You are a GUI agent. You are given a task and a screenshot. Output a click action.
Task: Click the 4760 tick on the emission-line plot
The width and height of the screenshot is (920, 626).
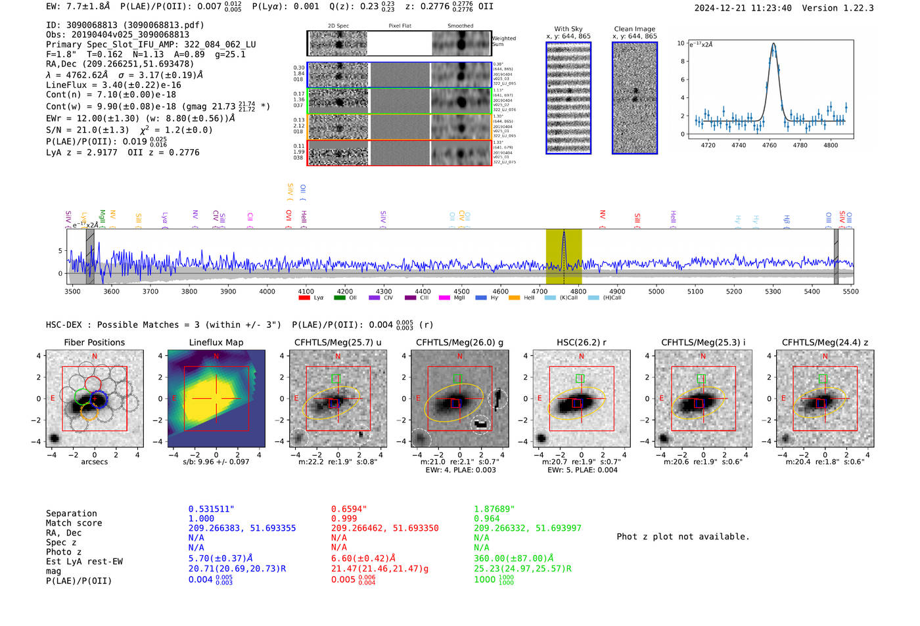click(769, 145)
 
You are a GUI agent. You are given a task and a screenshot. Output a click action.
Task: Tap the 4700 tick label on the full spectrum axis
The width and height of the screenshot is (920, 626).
click(539, 292)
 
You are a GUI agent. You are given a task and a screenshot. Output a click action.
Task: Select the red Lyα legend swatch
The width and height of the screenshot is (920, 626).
click(304, 298)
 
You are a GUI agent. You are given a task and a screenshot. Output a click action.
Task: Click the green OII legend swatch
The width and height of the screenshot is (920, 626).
click(339, 298)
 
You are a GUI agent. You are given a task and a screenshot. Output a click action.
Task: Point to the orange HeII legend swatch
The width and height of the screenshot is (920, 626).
click(514, 298)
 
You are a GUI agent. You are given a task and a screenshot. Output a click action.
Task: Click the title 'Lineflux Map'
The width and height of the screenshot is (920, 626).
click(216, 342)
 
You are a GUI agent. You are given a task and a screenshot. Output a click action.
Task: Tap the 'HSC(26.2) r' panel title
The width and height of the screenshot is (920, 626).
click(581, 342)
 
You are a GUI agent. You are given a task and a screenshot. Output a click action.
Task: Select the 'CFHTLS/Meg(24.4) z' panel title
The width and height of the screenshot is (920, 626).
click(825, 342)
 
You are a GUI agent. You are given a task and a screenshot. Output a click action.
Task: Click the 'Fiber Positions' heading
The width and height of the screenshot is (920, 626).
click(94, 342)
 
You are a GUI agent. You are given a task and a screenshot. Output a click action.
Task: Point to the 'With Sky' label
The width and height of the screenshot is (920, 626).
click(568, 29)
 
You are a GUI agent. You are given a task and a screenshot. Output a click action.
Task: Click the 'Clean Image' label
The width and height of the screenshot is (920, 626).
click(634, 29)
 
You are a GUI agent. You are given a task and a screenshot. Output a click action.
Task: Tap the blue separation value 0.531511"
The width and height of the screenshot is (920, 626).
click(211, 509)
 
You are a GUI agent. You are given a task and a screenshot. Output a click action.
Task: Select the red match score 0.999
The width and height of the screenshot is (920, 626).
click(344, 519)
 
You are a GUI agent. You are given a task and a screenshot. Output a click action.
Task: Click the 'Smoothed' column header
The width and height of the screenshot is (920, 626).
click(460, 26)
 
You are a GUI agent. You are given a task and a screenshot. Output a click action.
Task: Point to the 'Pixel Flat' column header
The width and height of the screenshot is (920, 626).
click(400, 26)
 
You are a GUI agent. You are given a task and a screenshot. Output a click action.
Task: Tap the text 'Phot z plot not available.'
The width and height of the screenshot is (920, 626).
click(683, 537)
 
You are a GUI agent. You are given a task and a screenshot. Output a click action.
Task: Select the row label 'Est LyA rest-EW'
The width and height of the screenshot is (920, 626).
click(84, 562)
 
